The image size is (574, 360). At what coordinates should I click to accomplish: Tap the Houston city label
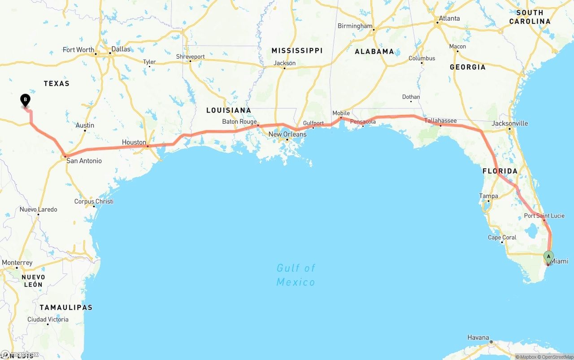134,142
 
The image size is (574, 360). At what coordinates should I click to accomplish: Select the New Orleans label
287,134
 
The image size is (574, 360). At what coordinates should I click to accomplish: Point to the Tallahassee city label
440,121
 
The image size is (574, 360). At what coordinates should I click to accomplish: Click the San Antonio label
84,160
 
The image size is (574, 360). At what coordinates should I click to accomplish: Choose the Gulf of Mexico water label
296,275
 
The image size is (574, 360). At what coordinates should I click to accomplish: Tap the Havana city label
478,337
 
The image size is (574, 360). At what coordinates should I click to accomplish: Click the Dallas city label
121,49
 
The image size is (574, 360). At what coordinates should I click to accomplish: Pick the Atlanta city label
449,18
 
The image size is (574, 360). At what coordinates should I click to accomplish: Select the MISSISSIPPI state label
297,51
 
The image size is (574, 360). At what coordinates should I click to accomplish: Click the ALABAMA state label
374,52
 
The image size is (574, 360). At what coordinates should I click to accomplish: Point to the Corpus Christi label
94,201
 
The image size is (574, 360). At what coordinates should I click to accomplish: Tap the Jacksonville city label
510,123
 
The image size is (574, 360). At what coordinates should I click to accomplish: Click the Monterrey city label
17,262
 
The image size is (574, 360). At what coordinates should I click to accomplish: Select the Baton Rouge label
239,121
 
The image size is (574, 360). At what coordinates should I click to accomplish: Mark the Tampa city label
488,196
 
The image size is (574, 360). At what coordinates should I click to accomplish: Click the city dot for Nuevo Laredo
38,214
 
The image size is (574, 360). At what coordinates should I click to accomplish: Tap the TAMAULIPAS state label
66,308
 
